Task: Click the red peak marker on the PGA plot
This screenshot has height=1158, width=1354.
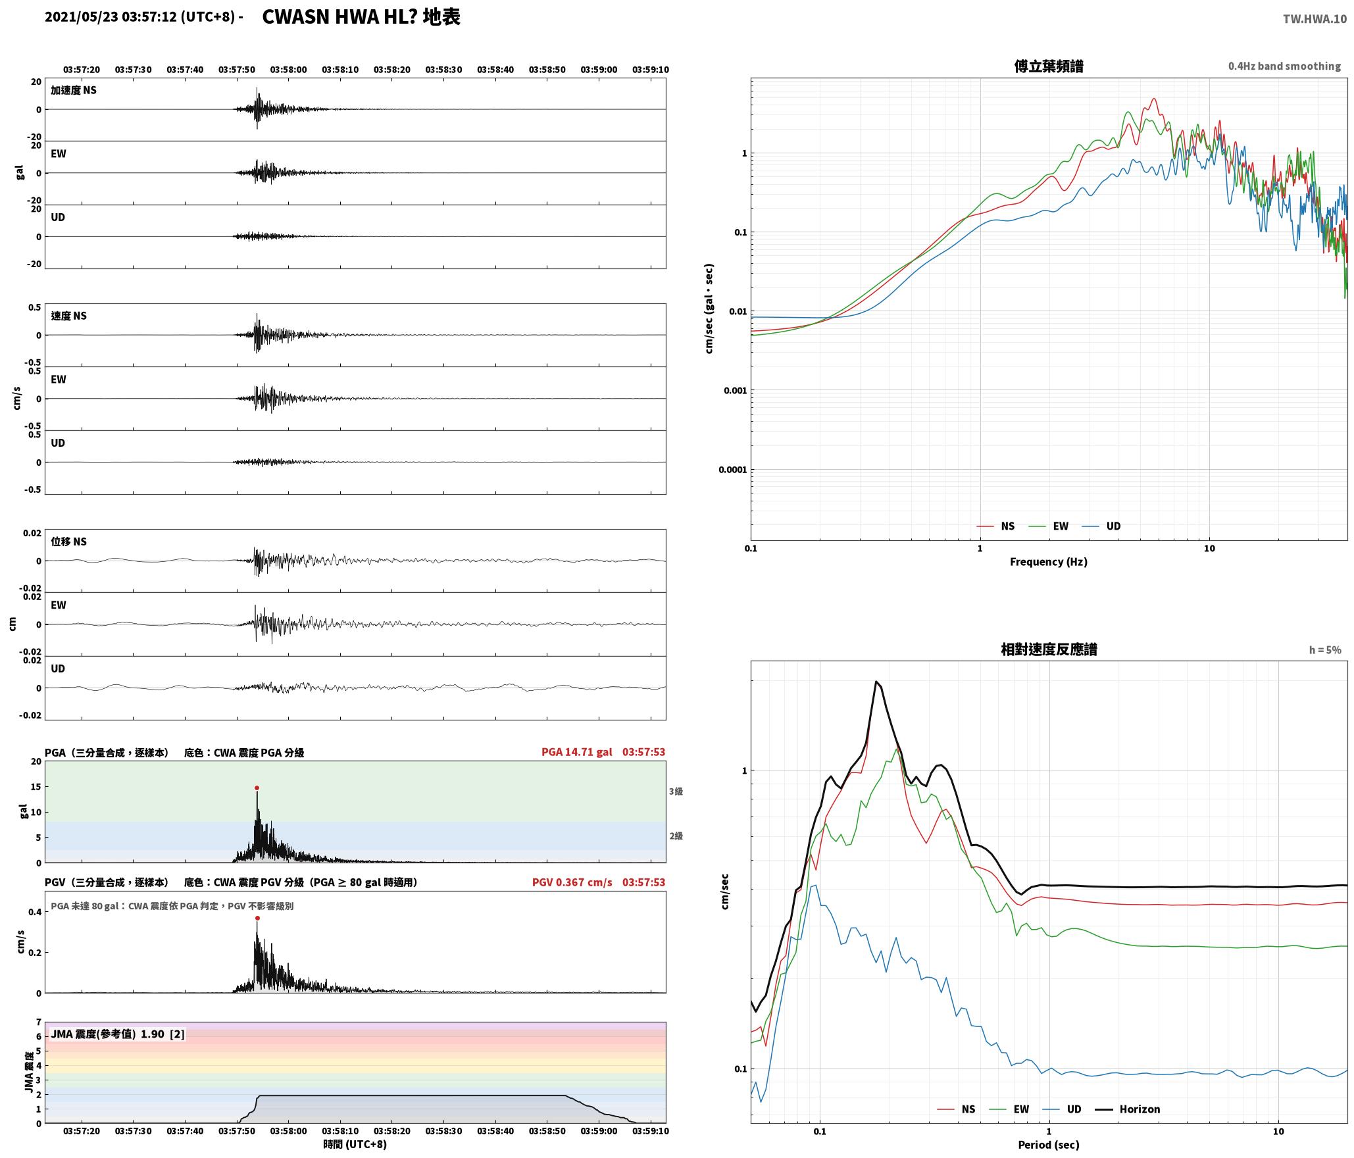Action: click(x=257, y=788)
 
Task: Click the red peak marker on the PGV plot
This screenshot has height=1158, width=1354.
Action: click(x=257, y=918)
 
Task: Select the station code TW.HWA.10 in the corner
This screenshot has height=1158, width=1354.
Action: click(x=1315, y=19)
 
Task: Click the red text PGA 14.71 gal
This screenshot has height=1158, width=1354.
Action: click(x=576, y=752)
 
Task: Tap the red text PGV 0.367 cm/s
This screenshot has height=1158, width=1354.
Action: click(x=572, y=882)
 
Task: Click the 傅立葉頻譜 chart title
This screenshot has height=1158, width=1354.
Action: click(x=1049, y=66)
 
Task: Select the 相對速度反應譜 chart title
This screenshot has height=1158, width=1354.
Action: click(x=1049, y=649)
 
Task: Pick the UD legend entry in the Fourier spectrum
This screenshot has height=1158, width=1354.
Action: click(x=1101, y=526)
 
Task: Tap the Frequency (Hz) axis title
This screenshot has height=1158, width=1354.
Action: click(x=1049, y=562)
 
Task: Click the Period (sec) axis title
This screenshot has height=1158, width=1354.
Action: click(x=1049, y=1145)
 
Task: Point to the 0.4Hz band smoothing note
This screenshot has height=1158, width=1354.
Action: click(x=1284, y=66)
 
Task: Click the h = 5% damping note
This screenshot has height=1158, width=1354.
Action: click(x=1325, y=650)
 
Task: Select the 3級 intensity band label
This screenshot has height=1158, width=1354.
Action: click(x=676, y=792)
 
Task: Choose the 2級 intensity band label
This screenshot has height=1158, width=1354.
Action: click(x=676, y=836)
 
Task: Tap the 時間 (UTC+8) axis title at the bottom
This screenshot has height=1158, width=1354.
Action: click(x=355, y=1144)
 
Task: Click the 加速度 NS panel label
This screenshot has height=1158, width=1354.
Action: click(x=74, y=90)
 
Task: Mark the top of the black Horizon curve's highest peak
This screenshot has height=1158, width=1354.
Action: click(x=876, y=681)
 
